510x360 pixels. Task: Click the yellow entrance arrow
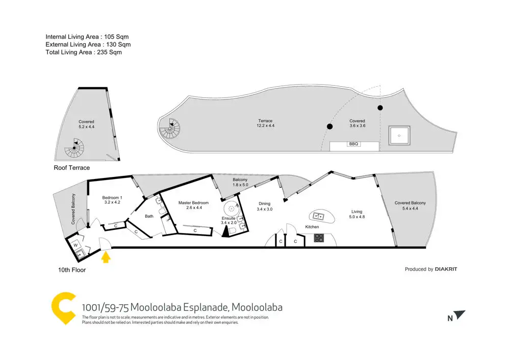(x=106, y=257)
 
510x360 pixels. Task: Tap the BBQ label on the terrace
(x=354, y=144)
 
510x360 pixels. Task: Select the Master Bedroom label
(x=191, y=203)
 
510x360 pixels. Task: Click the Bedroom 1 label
(x=112, y=198)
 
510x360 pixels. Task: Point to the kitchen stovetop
(x=319, y=237)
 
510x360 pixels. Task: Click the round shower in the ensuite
(x=232, y=208)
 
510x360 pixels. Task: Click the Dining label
(x=264, y=203)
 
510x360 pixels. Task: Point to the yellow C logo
(x=64, y=309)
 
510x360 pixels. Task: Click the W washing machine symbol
(x=75, y=245)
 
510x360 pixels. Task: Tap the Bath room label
(x=149, y=216)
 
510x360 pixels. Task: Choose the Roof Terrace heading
(x=71, y=168)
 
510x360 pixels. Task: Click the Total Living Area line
(x=84, y=52)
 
